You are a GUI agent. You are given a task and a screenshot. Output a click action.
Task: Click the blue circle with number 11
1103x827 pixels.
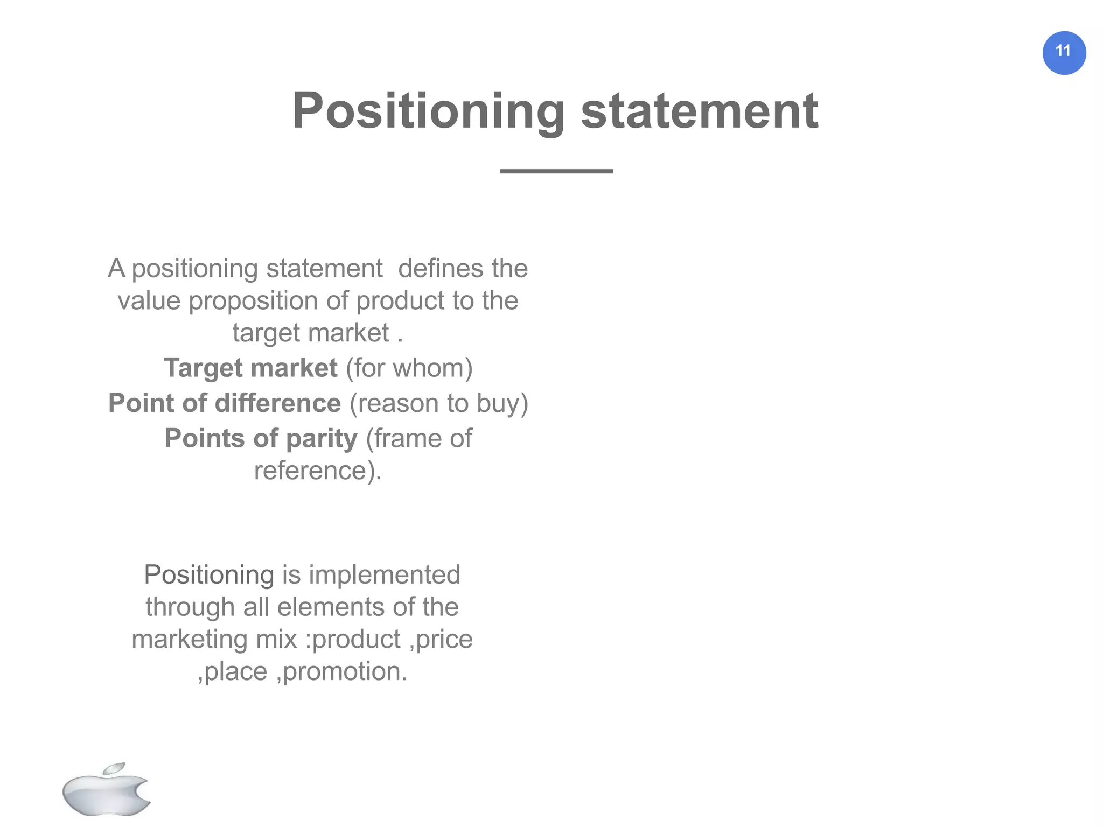click(1064, 53)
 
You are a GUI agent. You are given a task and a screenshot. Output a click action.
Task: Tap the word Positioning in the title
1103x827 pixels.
click(428, 111)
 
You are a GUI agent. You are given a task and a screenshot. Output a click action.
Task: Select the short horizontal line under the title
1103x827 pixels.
click(556, 171)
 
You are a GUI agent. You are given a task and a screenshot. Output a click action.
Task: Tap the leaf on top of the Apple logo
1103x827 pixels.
click(114, 768)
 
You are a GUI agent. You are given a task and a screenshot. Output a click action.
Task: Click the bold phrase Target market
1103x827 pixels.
click(250, 368)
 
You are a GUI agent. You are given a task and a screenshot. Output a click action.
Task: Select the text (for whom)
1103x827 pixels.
click(409, 368)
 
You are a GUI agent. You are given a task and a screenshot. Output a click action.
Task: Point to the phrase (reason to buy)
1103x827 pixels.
click(439, 403)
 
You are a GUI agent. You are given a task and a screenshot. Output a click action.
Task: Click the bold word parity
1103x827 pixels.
click(322, 438)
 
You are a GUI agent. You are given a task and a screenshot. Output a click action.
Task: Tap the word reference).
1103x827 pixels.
click(318, 471)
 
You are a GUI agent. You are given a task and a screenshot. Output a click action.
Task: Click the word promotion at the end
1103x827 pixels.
click(345, 671)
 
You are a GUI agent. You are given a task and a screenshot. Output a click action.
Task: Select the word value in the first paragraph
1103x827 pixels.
click(149, 300)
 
